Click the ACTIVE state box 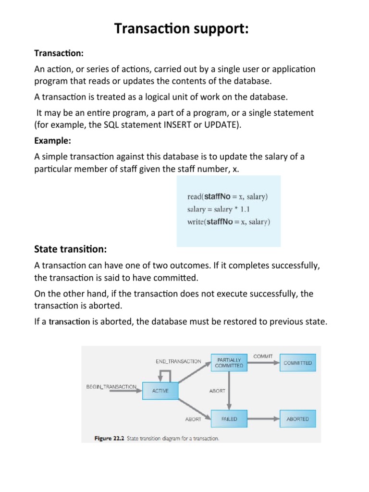pyautogui.click(x=160, y=391)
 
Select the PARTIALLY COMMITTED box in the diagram pyautogui.click(x=229, y=363)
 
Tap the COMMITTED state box pyautogui.click(x=297, y=363)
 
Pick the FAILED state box pyautogui.click(x=229, y=419)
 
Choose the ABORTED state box pyautogui.click(x=297, y=419)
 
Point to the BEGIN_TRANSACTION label pyautogui.click(x=111, y=386)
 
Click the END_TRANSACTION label pyautogui.click(x=178, y=361)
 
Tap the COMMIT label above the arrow pyautogui.click(x=263, y=357)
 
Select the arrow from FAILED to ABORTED pyautogui.click(x=263, y=419)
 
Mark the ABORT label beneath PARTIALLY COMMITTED pyautogui.click(x=217, y=391)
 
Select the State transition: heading pyautogui.click(x=71, y=249)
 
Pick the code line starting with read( pyautogui.click(x=227, y=197)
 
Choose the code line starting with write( pyautogui.click(x=228, y=221)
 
